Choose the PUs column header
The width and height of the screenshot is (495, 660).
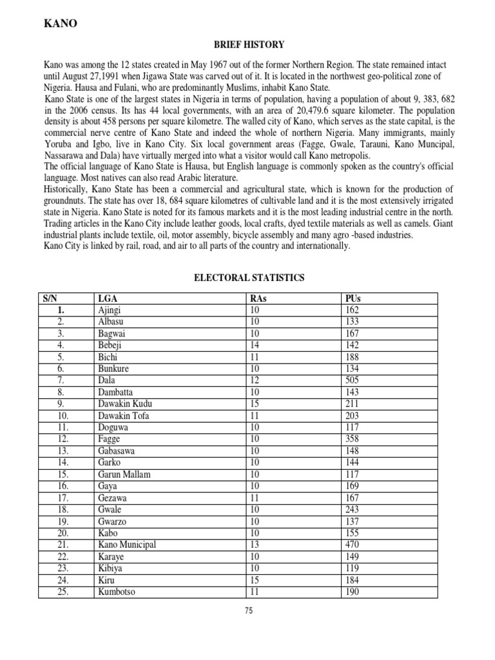pyautogui.click(x=353, y=298)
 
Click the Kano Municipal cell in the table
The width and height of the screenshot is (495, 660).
pyautogui.click(x=126, y=545)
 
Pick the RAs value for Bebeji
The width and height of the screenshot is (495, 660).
pyautogui.click(x=255, y=345)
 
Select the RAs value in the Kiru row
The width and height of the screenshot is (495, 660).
pyautogui.click(x=255, y=579)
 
